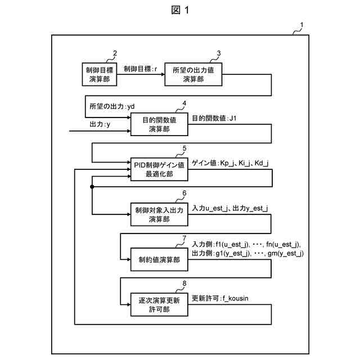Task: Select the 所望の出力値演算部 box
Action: tap(193, 74)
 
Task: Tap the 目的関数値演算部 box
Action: tap(159, 124)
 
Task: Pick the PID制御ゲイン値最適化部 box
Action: tap(159, 169)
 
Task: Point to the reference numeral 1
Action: tap(301, 25)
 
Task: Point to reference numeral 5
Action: tap(184, 148)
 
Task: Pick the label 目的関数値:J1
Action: tap(216, 119)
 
